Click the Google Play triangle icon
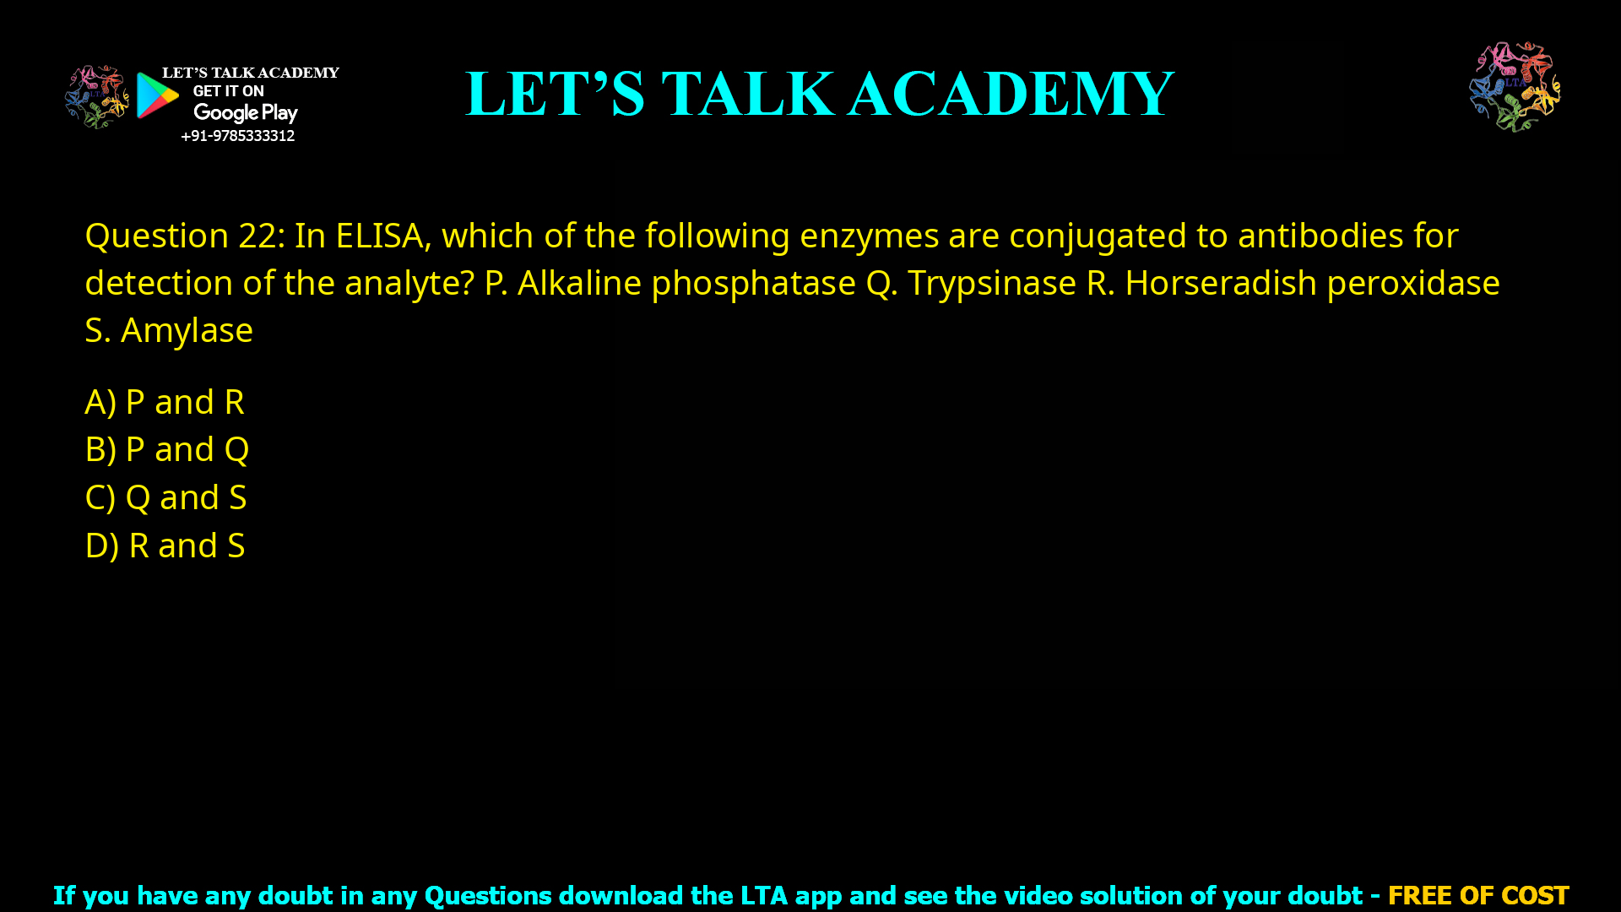click(157, 95)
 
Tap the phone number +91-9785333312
click(237, 136)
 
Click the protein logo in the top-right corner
click(1515, 86)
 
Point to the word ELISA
click(379, 236)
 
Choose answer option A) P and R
click(165, 402)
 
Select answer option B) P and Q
click(167, 449)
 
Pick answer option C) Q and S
click(165, 497)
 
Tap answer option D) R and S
click(165, 546)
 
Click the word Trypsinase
click(991, 283)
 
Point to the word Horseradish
click(1220, 283)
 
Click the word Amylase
click(187, 330)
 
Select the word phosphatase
click(753, 283)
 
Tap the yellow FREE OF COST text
click(1477, 895)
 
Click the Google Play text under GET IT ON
click(245, 113)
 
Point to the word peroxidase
click(1413, 283)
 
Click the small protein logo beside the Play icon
click(97, 97)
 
